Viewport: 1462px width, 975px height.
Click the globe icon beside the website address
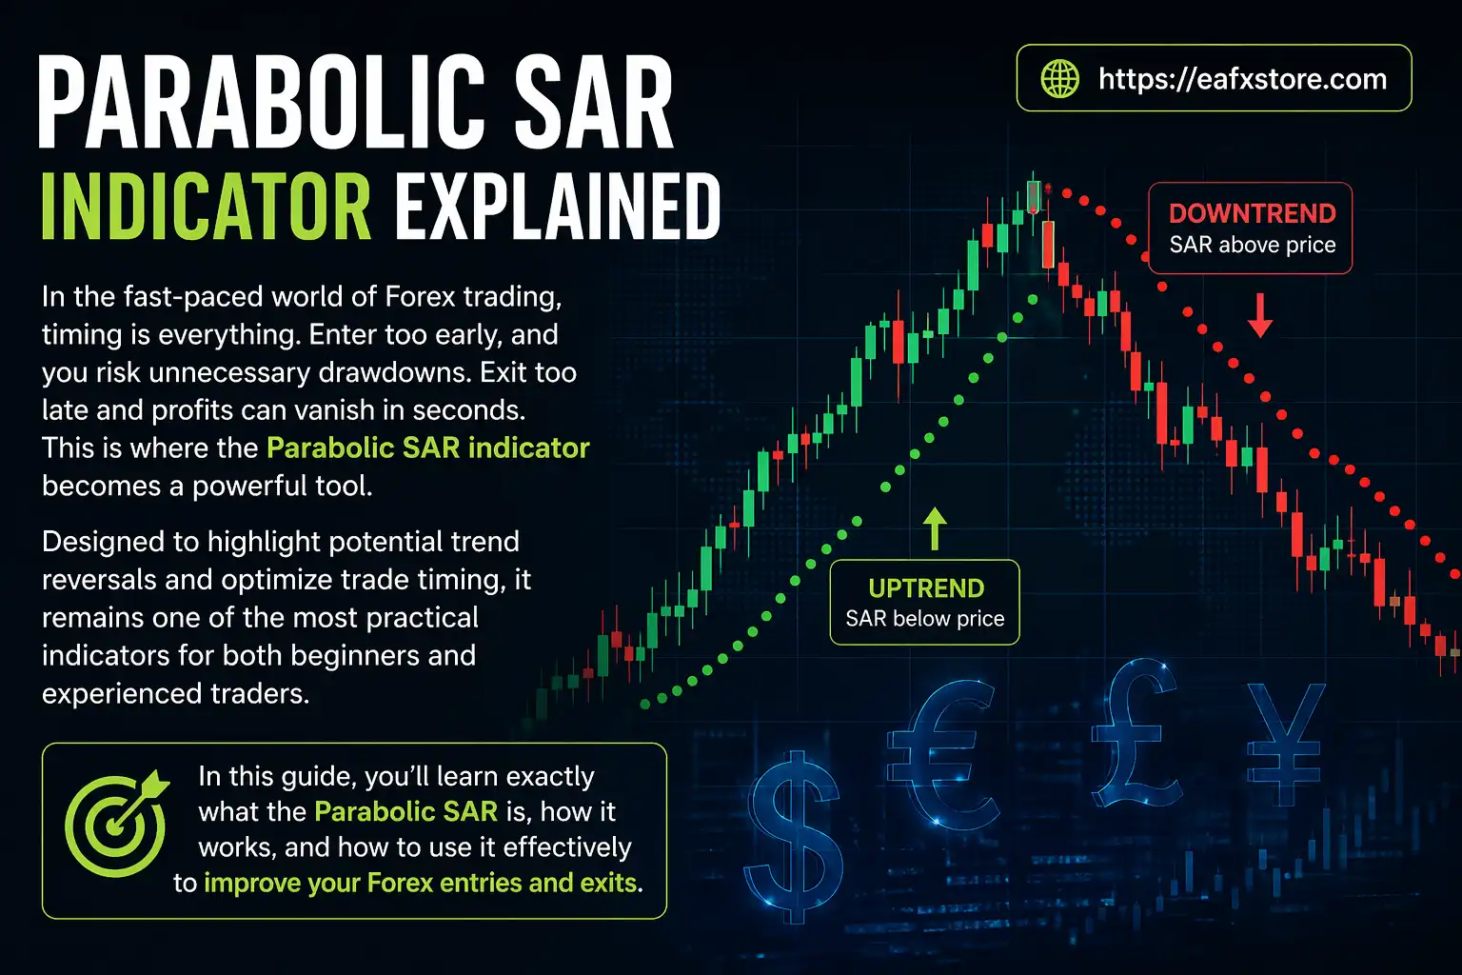pyautogui.click(x=1060, y=79)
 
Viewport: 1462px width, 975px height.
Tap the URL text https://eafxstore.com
pyautogui.click(x=1242, y=79)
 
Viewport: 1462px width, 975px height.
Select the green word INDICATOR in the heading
pyautogui.click(x=207, y=207)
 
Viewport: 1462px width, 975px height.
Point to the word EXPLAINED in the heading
pyautogui.click(x=558, y=207)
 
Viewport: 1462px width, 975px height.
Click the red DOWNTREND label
pyautogui.click(x=1252, y=213)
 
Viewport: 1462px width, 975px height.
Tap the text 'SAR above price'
pyautogui.click(x=1252, y=246)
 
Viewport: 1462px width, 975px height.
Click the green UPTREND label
pyautogui.click(x=925, y=588)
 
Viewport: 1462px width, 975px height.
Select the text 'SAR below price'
pyautogui.click(x=924, y=619)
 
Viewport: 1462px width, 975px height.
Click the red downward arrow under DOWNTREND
pyautogui.click(x=1260, y=315)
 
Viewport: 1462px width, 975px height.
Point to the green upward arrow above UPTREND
pyautogui.click(x=935, y=528)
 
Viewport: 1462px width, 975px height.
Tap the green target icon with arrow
pyautogui.click(x=115, y=823)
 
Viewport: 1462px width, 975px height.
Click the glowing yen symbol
pyautogui.click(x=1285, y=744)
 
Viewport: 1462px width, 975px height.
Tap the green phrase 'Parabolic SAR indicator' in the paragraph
pyautogui.click(x=427, y=448)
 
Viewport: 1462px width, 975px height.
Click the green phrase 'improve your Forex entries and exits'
pyautogui.click(x=420, y=883)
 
